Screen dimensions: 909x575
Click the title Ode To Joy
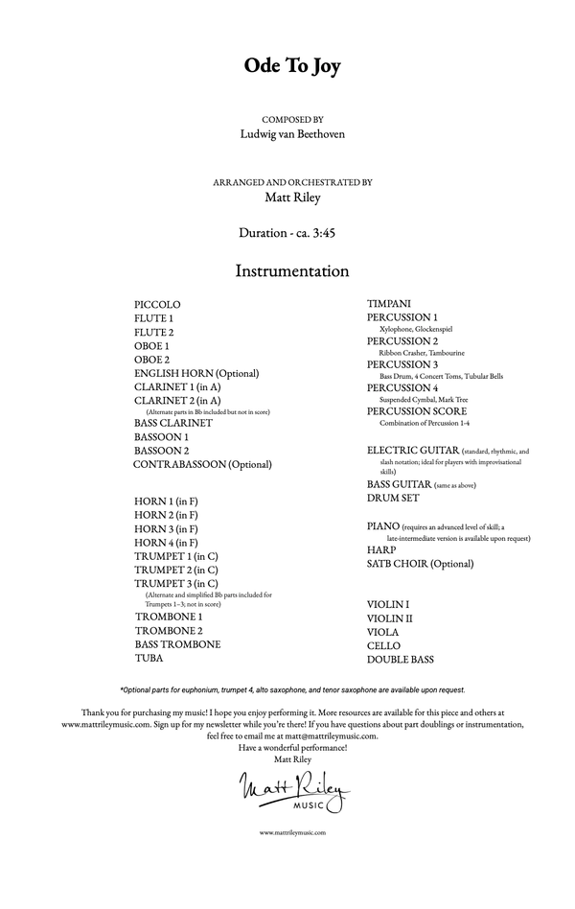tap(291, 66)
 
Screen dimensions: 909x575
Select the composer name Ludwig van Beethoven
tap(292, 133)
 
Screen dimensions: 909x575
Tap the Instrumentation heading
tap(292, 271)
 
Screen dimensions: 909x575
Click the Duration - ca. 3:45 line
tap(292, 232)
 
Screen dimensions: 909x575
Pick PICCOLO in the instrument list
tap(157, 304)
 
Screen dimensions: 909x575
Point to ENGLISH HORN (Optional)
tap(196, 373)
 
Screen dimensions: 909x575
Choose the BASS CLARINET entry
tap(173, 423)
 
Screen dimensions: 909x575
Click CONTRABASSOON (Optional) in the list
tap(202, 464)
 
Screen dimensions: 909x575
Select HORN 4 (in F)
tap(166, 543)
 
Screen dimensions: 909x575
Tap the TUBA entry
tap(149, 659)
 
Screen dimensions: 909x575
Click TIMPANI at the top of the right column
tap(389, 305)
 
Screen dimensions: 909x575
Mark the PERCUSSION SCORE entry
tap(417, 411)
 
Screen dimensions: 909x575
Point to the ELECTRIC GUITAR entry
tap(412, 450)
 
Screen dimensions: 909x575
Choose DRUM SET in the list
tap(393, 499)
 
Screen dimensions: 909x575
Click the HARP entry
tap(381, 550)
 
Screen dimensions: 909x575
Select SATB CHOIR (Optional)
tap(419, 564)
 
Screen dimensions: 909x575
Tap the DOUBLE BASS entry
tap(400, 660)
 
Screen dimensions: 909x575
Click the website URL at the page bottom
tap(292, 833)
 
